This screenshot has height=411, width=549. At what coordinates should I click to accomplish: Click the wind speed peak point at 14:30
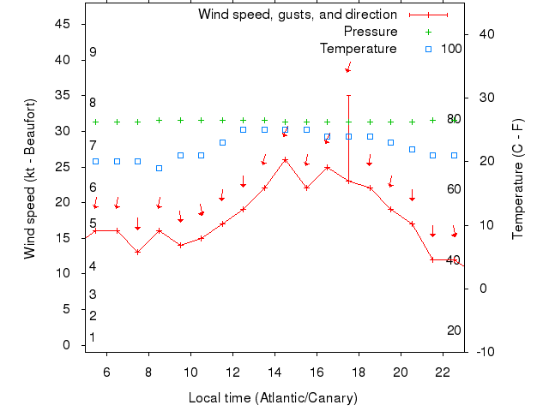point(285,159)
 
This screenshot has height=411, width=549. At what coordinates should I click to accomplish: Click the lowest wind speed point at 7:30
point(137,252)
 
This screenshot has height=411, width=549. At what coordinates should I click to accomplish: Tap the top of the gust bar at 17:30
point(348,95)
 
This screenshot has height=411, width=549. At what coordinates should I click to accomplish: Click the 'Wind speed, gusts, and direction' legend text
point(297,15)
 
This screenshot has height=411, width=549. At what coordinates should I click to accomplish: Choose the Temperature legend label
point(358,49)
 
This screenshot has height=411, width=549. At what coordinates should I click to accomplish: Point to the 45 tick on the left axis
point(63,24)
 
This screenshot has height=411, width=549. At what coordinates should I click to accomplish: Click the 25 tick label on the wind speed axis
point(63,167)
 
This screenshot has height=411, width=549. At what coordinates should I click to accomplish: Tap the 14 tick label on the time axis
point(274,372)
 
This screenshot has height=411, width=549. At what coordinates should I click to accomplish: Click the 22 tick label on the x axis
point(443,372)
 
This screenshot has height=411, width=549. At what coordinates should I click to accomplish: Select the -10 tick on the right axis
point(484,352)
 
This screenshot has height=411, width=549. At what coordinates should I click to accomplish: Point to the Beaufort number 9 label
point(93,52)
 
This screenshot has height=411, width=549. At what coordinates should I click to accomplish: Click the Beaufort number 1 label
point(93,337)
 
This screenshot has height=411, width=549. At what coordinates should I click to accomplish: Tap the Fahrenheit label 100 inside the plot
point(451,49)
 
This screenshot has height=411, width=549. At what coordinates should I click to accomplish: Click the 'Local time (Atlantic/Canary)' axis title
point(273,398)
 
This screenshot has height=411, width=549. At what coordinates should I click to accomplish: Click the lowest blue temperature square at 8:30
point(159,168)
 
